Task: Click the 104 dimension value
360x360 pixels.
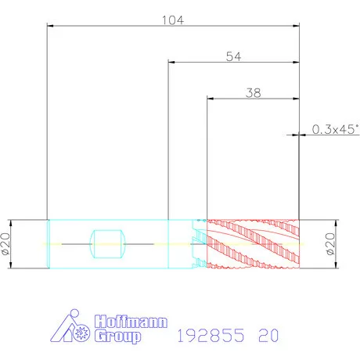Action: click(x=173, y=20)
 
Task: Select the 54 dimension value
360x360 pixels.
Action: click(x=233, y=56)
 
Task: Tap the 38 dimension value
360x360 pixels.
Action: click(x=253, y=93)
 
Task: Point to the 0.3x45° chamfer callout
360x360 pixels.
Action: click(x=335, y=129)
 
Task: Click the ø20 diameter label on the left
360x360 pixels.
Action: click(x=5, y=244)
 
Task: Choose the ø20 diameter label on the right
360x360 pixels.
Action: click(x=330, y=244)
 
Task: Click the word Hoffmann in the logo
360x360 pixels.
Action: click(x=131, y=322)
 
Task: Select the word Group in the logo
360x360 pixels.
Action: click(x=117, y=336)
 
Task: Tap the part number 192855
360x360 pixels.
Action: click(x=211, y=335)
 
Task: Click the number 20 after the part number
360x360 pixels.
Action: click(x=268, y=335)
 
